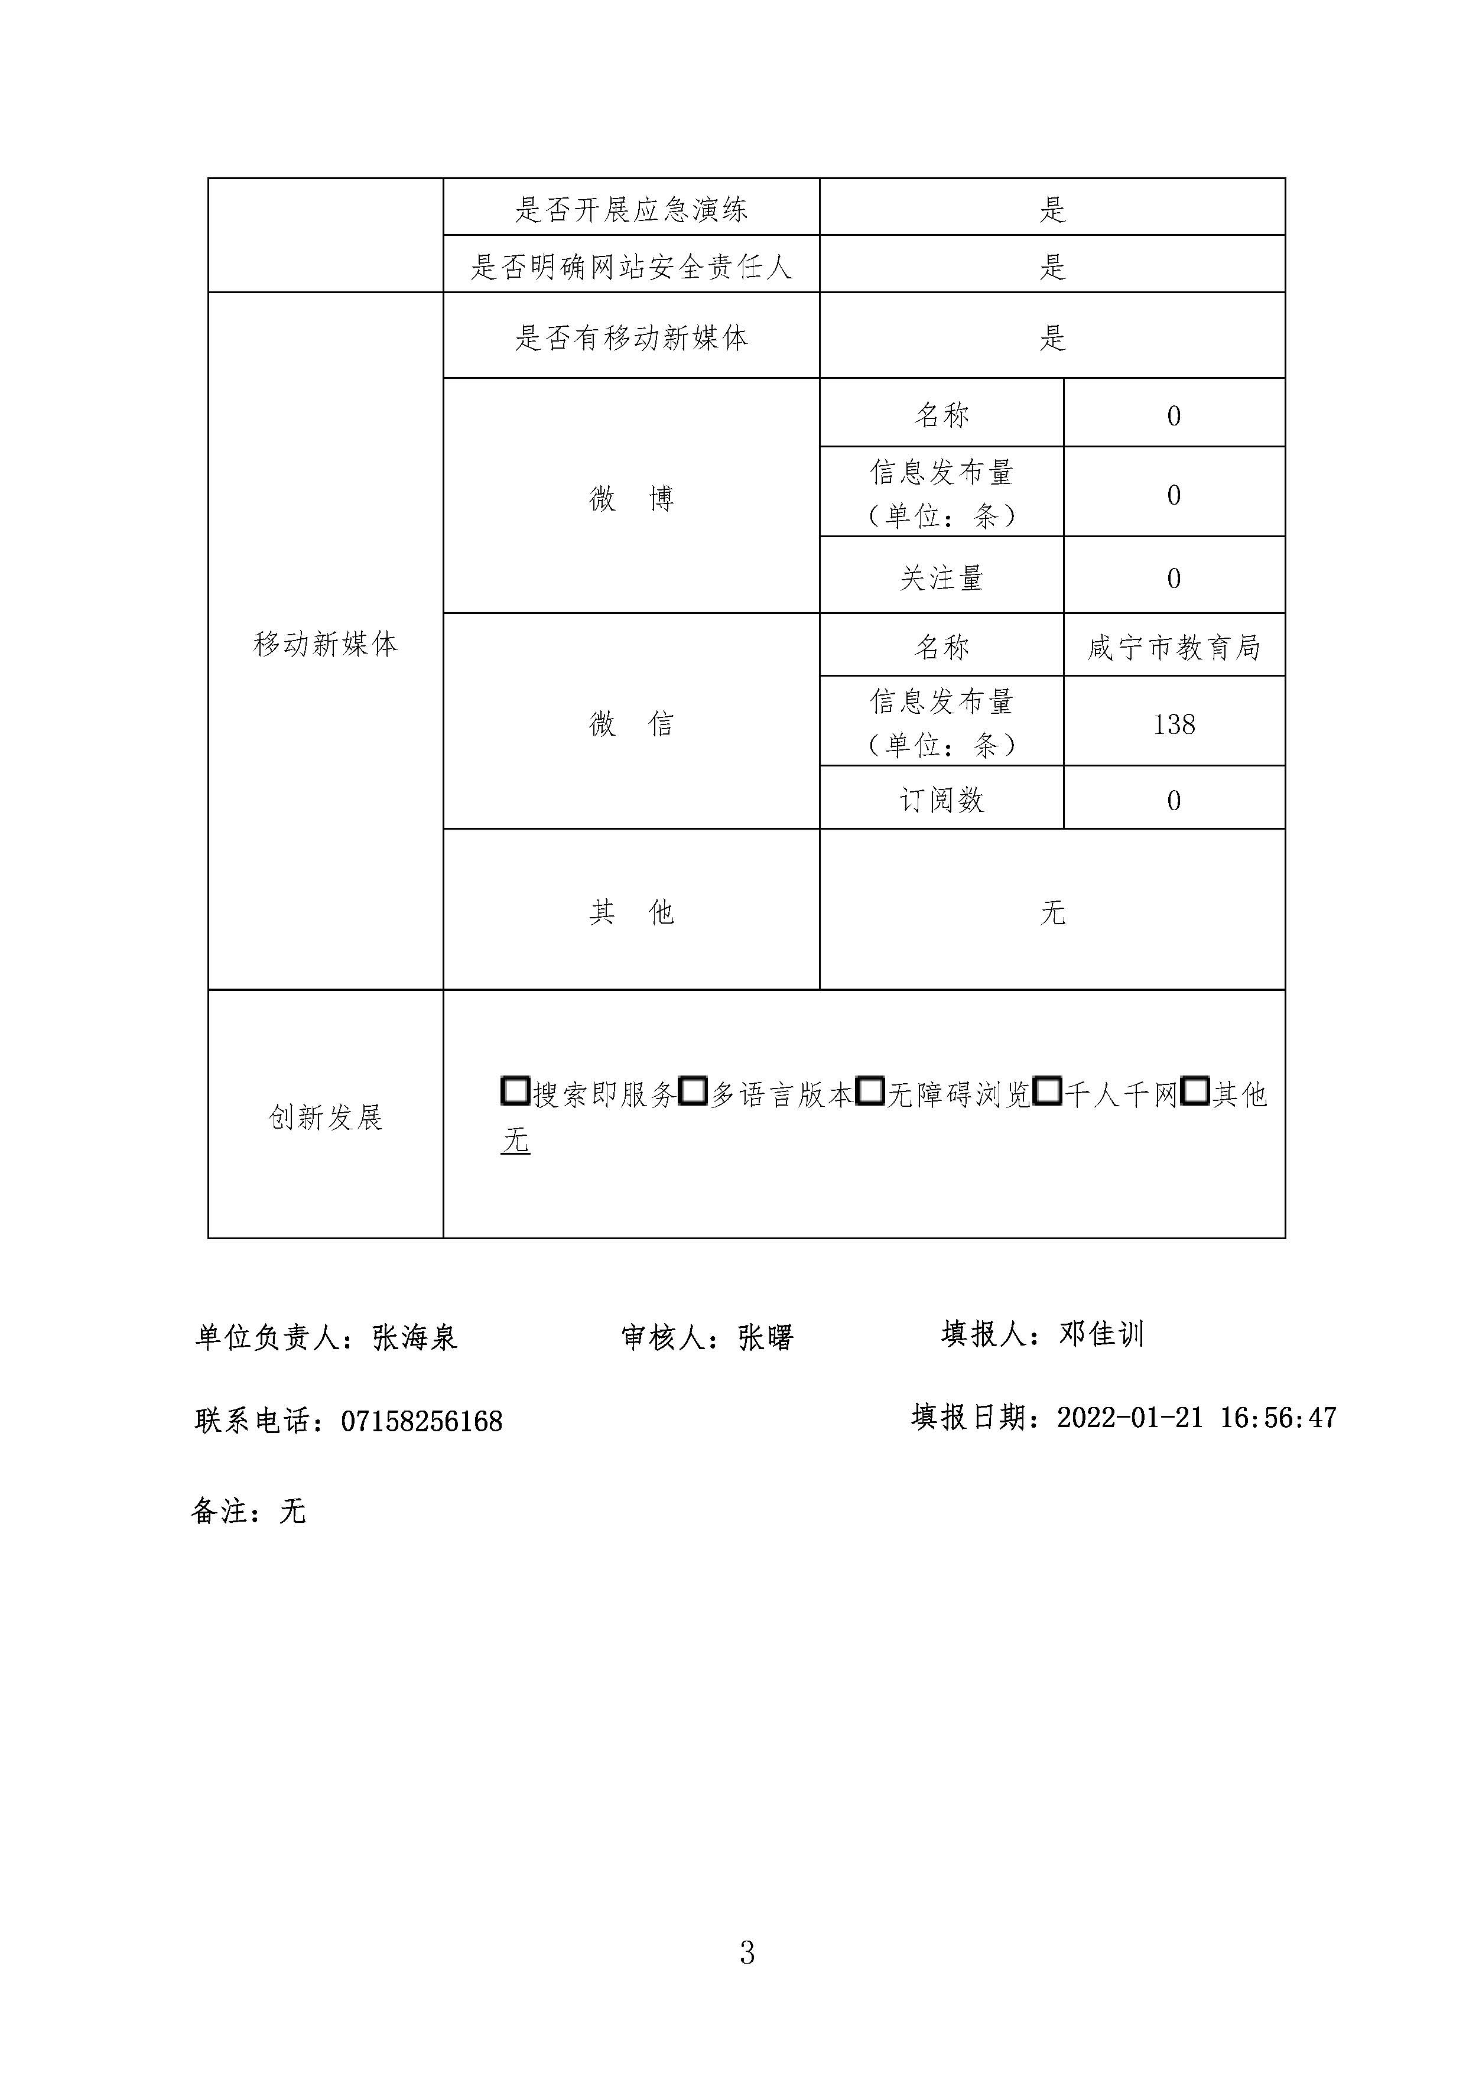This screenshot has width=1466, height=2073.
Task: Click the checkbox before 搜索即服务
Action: [515, 1091]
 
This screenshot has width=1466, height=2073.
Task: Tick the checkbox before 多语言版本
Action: [693, 1091]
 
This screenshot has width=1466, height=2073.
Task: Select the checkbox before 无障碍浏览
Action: [869, 1091]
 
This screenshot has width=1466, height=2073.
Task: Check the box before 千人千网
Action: [1047, 1091]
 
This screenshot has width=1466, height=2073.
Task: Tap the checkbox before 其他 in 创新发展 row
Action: [1195, 1091]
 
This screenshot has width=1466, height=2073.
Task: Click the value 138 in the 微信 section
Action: [1174, 724]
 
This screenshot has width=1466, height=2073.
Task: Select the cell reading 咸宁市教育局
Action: [1174, 647]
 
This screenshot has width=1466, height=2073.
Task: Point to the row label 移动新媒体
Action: [325, 644]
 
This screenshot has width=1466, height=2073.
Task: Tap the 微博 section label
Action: [631, 498]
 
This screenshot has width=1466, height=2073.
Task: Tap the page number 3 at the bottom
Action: [746, 1952]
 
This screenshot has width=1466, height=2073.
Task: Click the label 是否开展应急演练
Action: [631, 209]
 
